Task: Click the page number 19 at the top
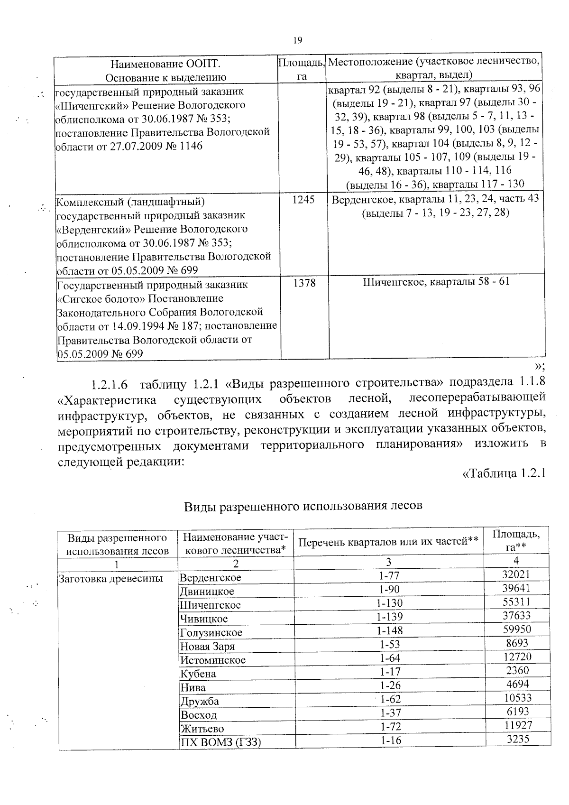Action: pyautogui.click(x=298, y=40)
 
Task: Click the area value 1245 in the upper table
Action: pyautogui.click(x=303, y=200)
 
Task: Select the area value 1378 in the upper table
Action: pyautogui.click(x=304, y=283)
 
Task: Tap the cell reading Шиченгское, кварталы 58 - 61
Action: pyautogui.click(x=436, y=282)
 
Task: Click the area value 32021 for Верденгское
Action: pyautogui.click(x=516, y=574)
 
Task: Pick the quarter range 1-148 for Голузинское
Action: pyautogui.click(x=390, y=630)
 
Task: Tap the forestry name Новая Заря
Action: pyautogui.click(x=207, y=647)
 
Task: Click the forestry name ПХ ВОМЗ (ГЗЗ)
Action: pyautogui.click(x=220, y=742)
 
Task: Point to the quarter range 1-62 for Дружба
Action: pyautogui.click(x=390, y=699)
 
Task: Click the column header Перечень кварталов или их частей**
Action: pyautogui.click(x=388, y=541)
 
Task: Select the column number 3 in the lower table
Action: pyautogui.click(x=388, y=562)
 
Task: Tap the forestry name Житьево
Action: pyautogui.click(x=202, y=729)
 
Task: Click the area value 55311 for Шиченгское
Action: pyautogui.click(x=516, y=602)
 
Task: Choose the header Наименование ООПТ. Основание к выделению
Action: pyautogui.click(x=165, y=70)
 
